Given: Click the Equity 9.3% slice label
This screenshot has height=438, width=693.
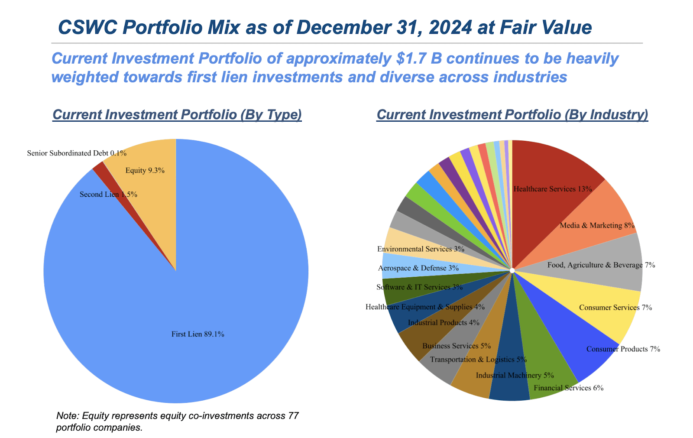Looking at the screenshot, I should point(145,170).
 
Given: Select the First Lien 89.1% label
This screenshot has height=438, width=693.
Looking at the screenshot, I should point(198,334).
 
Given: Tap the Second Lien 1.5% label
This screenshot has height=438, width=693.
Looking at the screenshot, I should point(108,194).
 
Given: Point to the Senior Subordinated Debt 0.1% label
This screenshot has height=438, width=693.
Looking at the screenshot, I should point(77,153).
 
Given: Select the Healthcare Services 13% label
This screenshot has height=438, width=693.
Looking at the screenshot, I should point(552,189).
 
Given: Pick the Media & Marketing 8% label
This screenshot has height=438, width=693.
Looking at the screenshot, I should point(597,225).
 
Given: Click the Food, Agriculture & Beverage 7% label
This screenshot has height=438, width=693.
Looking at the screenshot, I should point(601,265).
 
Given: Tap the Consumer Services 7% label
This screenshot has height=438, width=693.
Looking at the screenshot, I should point(615,308).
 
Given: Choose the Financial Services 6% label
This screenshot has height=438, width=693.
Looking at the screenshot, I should point(568,388).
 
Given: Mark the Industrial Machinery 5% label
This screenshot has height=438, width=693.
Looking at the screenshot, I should point(515,375).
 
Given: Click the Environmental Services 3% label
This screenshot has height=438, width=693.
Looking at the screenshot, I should point(421,249).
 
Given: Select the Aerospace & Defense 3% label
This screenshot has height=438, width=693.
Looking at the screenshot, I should point(418,268).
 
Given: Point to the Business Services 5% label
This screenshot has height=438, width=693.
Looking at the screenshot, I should point(457,346).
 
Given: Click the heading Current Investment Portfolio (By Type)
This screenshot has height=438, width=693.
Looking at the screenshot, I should point(177,114).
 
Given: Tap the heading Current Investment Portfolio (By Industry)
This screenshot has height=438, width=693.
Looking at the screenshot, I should point(512,114).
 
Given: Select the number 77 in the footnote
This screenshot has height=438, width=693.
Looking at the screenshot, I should point(293,416).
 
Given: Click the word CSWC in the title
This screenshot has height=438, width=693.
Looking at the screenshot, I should point(87,27).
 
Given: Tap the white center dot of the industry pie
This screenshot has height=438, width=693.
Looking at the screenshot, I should point(512,270).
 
